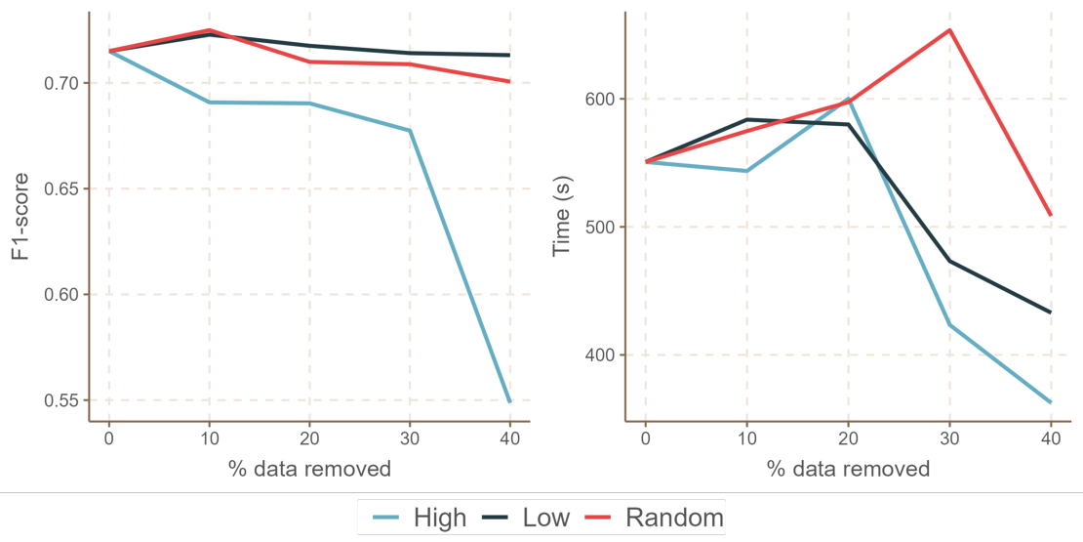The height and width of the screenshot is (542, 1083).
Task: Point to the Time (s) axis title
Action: (x=562, y=217)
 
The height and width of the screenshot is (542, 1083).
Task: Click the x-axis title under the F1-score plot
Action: (x=309, y=469)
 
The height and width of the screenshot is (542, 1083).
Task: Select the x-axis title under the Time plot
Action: (x=848, y=469)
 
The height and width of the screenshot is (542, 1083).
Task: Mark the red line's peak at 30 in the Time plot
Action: (x=949, y=29)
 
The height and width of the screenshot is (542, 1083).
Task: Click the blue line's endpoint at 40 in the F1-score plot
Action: (x=509, y=401)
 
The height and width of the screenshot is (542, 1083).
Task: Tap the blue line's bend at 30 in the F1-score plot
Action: (x=410, y=131)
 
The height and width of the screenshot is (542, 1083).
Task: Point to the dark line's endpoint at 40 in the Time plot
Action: (x=1051, y=313)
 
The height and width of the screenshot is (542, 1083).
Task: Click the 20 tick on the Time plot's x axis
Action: (x=848, y=438)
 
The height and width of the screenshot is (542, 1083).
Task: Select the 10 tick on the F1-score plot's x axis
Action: (x=209, y=438)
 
